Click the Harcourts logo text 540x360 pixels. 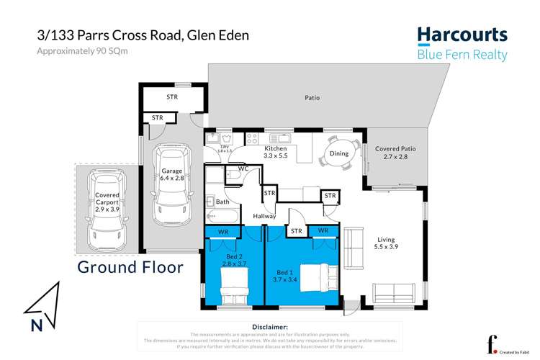click(463, 35)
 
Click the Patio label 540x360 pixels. click(312, 98)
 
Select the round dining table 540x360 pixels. click(338, 152)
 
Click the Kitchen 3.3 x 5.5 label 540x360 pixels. click(276, 151)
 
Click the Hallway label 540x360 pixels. click(264, 216)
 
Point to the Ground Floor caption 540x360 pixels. click(130, 268)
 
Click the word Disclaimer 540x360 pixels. click(267, 327)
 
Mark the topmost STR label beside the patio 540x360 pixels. click(171, 96)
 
